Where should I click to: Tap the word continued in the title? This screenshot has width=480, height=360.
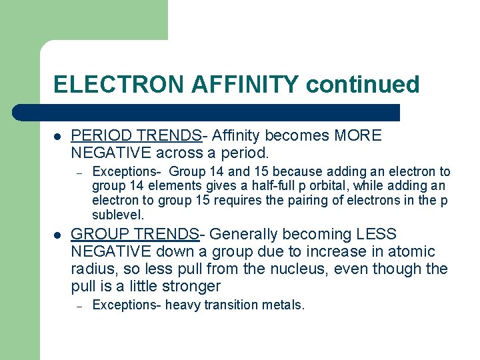click(x=363, y=85)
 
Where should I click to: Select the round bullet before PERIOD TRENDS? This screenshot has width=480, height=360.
click(x=58, y=137)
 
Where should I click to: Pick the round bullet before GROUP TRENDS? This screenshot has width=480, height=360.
click(x=58, y=235)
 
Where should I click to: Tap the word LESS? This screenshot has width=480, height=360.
click(x=376, y=235)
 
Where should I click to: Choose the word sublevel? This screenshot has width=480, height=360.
click(x=117, y=215)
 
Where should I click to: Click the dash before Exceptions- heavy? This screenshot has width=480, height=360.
click(x=78, y=306)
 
